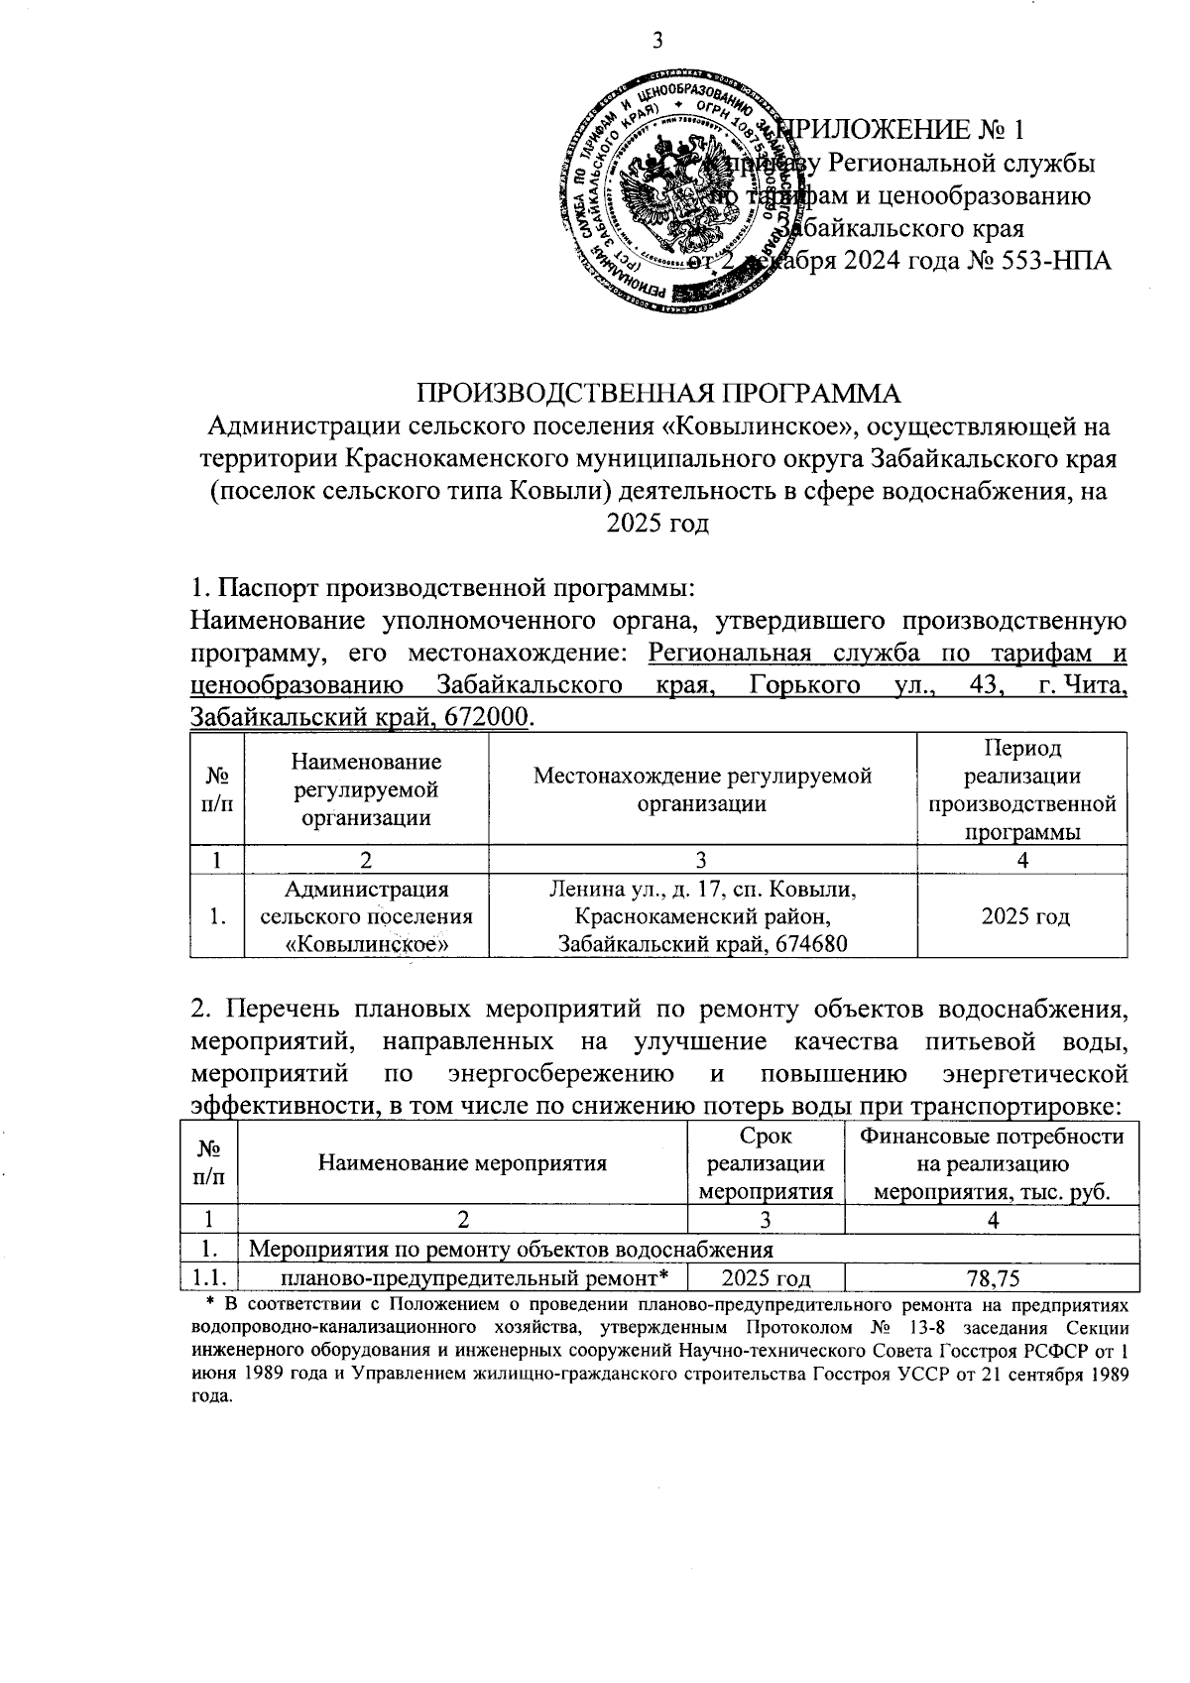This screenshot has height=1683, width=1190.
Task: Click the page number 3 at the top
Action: (x=655, y=42)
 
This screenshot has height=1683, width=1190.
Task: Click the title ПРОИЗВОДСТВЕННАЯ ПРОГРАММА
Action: (x=657, y=393)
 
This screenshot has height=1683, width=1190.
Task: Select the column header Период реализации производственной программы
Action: (x=1022, y=789)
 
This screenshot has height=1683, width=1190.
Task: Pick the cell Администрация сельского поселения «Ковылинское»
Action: (x=366, y=916)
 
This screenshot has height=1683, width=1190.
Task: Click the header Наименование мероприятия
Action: (x=462, y=1163)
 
